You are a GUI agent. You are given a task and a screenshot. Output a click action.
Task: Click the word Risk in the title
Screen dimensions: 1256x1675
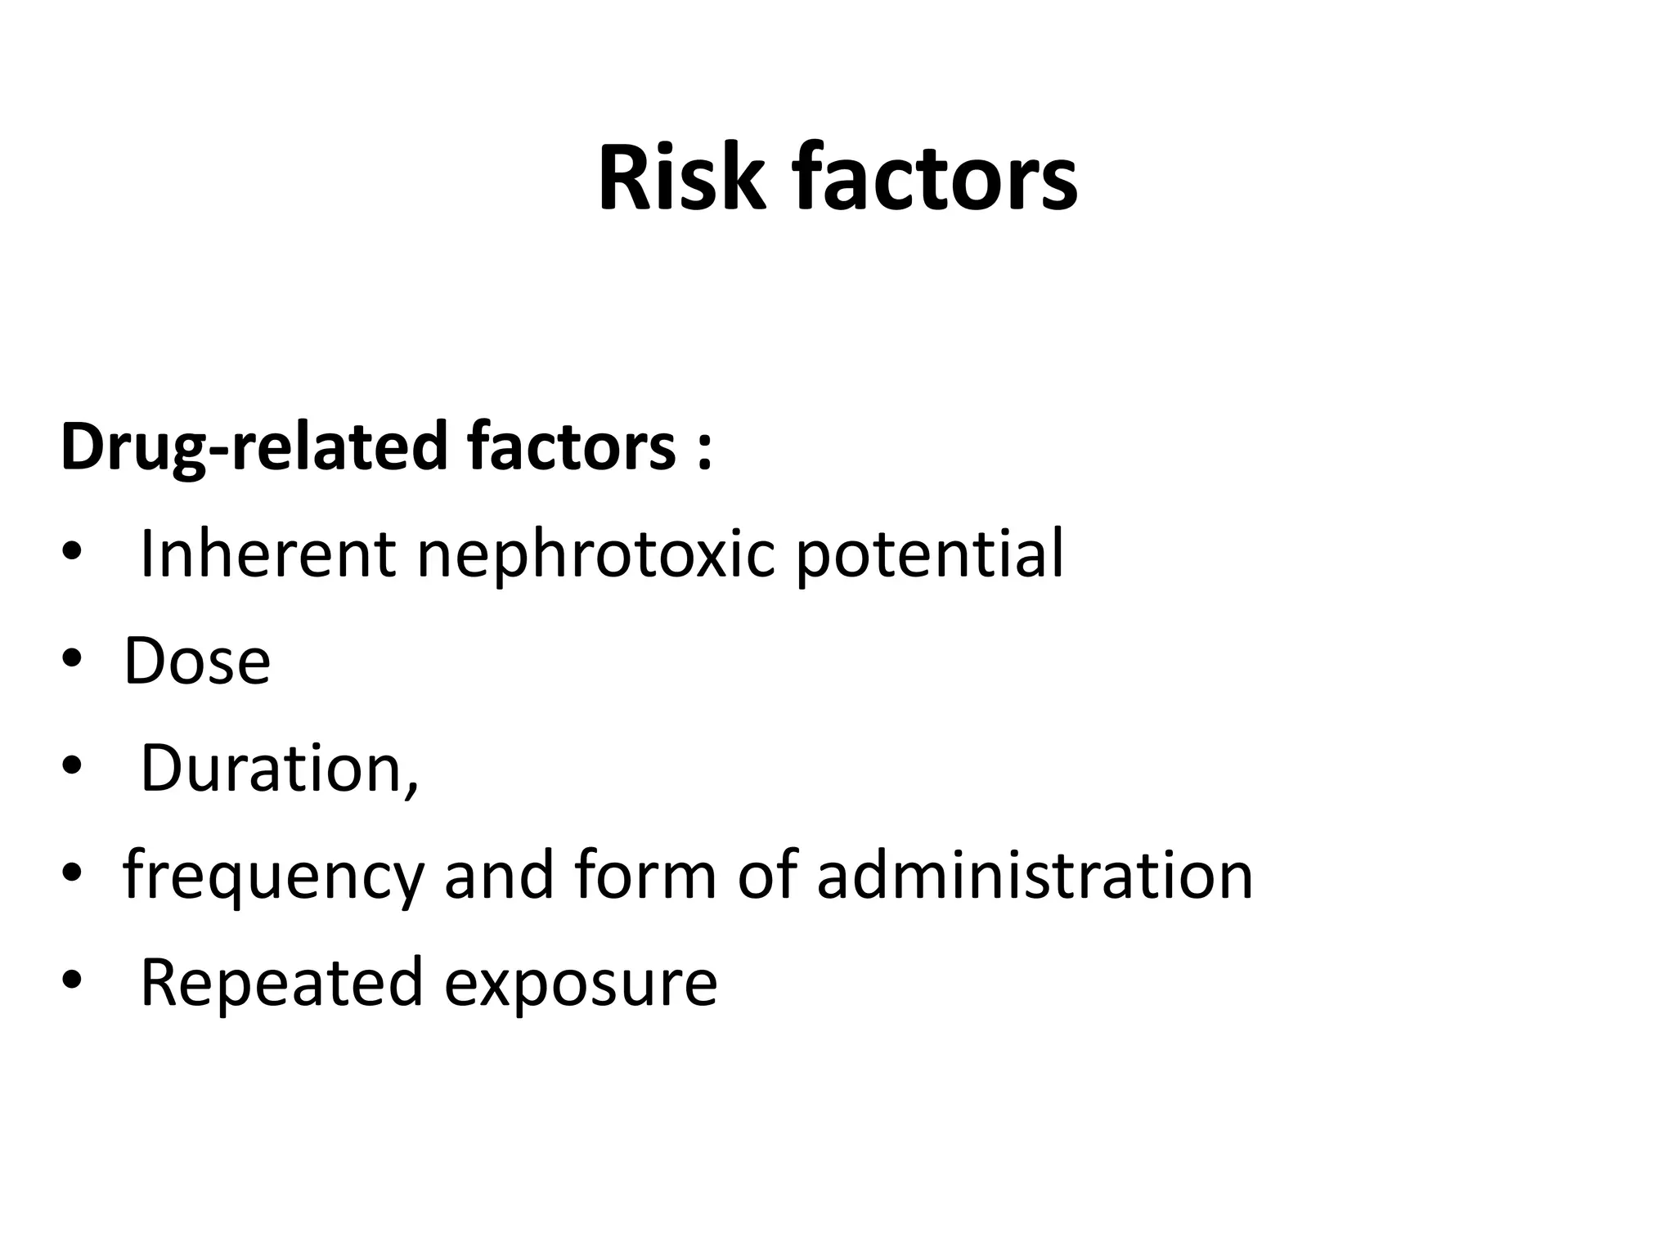point(681,178)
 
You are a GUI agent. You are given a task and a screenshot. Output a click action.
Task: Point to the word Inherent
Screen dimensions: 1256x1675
point(268,554)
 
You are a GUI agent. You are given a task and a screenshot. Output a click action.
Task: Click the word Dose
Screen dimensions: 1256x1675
point(196,662)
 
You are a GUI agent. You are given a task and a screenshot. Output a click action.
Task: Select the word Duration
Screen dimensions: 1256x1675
point(273,769)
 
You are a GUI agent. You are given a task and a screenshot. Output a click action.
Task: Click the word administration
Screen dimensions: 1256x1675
point(1035,876)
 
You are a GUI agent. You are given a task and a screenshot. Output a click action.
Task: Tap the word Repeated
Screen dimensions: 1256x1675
point(281,983)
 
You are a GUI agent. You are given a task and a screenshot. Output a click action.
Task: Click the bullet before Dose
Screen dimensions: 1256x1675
point(72,659)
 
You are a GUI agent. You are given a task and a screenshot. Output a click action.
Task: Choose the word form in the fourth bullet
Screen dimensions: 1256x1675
point(645,876)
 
